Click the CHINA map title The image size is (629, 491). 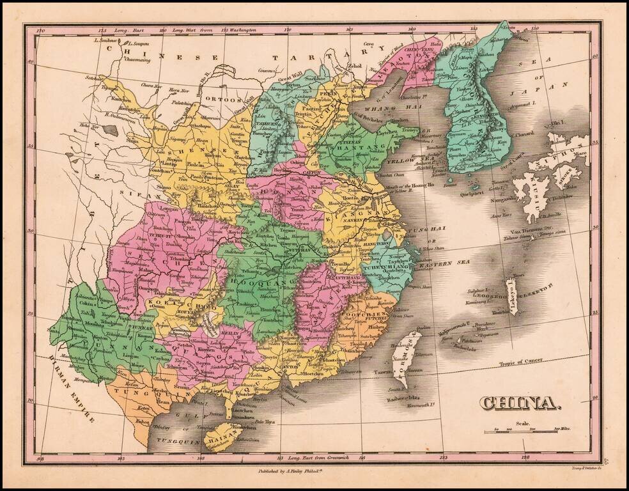(517, 403)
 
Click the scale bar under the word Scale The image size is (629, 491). (519, 433)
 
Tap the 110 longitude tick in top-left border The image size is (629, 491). (41, 29)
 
